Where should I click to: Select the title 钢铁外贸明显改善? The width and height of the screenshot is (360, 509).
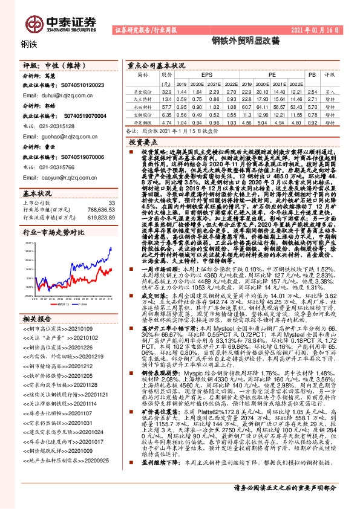click(x=237, y=41)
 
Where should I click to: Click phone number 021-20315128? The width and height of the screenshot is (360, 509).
click(x=59, y=128)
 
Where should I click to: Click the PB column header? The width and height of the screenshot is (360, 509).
click(x=312, y=74)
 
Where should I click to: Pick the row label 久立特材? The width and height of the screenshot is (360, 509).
click(x=143, y=98)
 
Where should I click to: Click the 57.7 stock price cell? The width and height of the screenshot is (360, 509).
click(x=166, y=105)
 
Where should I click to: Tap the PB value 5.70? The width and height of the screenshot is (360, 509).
click(x=312, y=105)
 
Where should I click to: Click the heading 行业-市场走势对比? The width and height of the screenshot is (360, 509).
click(x=54, y=232)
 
